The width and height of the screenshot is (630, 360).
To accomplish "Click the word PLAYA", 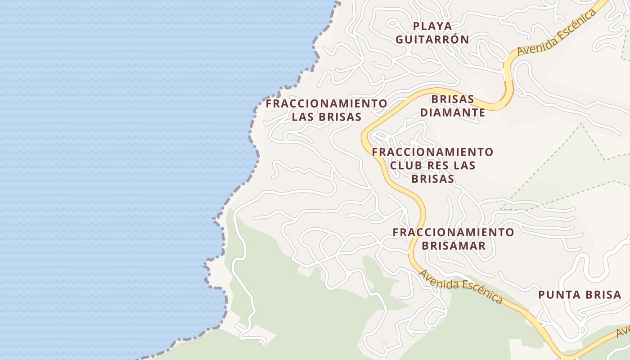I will pos(432,26).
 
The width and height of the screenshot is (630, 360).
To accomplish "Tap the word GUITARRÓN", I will pos(432,40).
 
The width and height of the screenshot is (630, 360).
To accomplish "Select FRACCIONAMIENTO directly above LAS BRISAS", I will pos(326,103).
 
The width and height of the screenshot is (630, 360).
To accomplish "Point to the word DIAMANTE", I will pos(453,112).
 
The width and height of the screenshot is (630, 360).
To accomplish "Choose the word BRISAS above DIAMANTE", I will pos(453,99).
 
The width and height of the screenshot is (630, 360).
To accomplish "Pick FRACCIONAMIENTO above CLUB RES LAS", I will pos(432,152).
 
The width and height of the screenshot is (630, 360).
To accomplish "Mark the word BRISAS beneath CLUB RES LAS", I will pos(432,179).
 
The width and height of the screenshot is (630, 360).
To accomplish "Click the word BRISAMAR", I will pos(454,246).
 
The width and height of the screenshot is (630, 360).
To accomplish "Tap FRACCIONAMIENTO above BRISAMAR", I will pos(453,233).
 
